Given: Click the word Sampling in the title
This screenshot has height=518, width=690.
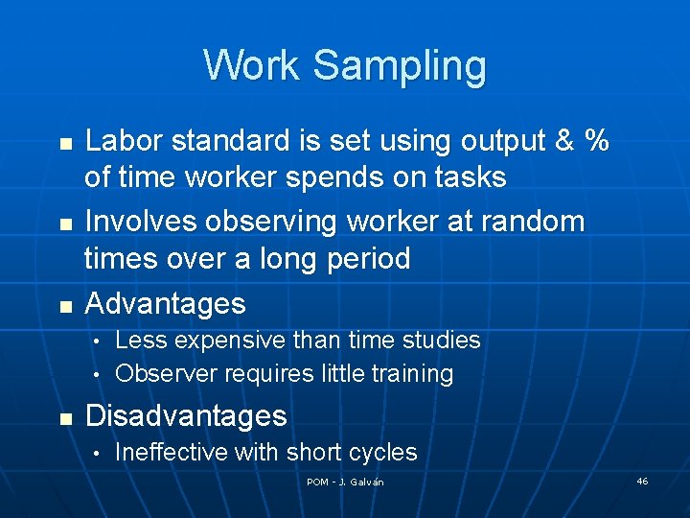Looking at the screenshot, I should click(x=400, y=65).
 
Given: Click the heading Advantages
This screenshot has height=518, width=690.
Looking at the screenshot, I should click(x=166, y=304).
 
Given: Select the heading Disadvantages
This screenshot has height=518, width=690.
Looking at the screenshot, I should click(x=186, y=416).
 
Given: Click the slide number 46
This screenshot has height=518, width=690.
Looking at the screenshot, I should click(x=642, y=481).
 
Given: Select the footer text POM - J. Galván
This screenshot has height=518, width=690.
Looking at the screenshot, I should click(x=345, y=482).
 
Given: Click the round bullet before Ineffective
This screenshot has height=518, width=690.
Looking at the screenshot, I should click(x=98, y=453).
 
